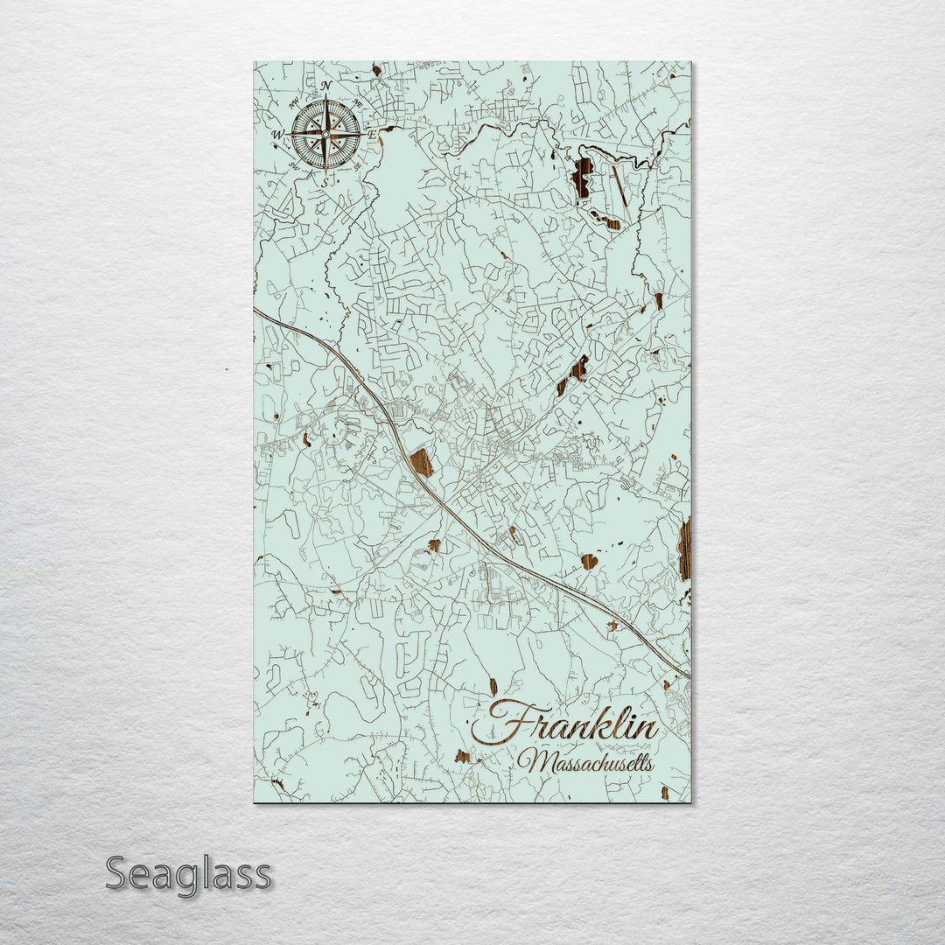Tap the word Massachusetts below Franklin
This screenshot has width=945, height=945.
click(584, 762)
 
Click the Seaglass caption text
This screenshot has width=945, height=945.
click(188, 873)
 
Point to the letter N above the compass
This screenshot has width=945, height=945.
click(325, 86)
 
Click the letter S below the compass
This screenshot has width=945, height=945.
click(325, 182)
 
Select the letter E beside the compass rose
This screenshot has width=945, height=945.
click(371, 135)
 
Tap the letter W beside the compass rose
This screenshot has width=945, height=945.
click(278, 135)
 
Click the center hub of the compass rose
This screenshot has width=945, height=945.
click(325, 134)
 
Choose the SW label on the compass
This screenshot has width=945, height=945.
click(295, 166)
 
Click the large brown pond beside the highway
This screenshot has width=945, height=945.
click(422, 463)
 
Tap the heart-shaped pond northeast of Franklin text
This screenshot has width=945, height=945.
click(589, 561)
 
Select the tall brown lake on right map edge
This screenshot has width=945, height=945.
click(684, 549)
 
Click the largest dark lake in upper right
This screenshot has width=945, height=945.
click(582, 177)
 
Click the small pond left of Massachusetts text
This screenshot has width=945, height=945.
click(462, 755)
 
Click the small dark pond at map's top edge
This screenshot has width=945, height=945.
click(376, 69)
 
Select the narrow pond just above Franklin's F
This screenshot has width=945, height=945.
click(493, 686)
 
